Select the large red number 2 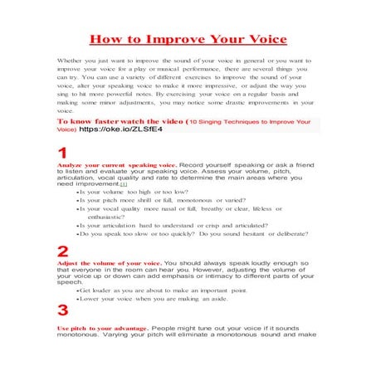(62, 252)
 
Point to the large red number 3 (62, 311)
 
